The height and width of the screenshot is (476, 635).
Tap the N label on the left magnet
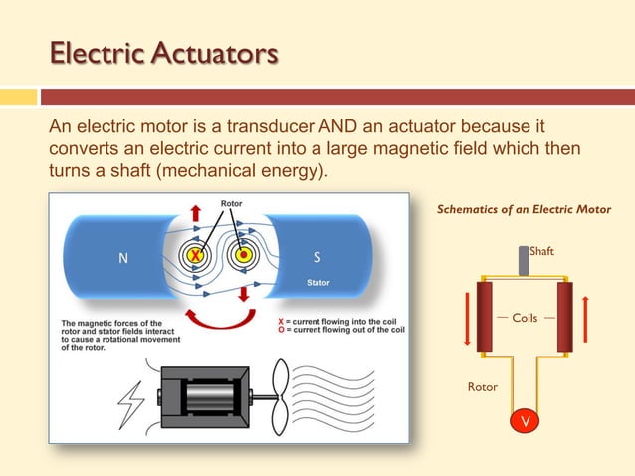click(x=122, y=258)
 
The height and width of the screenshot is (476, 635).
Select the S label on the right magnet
click(x=317, y=257)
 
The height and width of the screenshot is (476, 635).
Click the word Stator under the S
click(x=318, y=283)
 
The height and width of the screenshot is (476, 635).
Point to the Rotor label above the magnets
click(x=231, y=204)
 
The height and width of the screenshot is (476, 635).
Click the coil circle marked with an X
click(x=197, y=256)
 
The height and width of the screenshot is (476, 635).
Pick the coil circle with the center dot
click(x=243, y=256)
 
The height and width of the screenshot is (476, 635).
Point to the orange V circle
click(x=524, y=421)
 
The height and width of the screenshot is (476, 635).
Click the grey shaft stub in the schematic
click(x=524, y=259)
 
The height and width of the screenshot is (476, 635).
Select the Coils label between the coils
click(x=525, y=318)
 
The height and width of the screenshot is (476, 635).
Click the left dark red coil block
click(x=485, y=316)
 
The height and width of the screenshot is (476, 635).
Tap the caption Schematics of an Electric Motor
click(x=524, y=209)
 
